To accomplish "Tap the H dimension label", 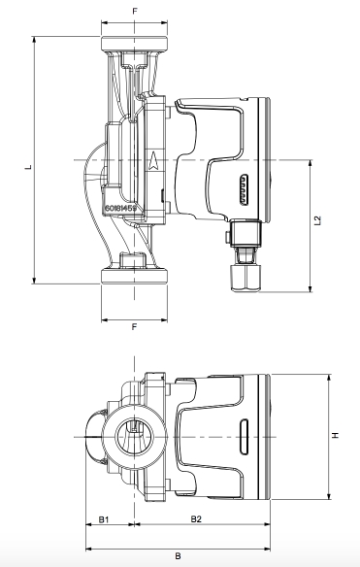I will click(336, 435).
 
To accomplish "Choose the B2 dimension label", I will click(196, 520).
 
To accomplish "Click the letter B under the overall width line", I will click(178, 556).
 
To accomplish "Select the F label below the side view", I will click(135, 326).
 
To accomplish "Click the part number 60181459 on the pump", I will click(121, 208).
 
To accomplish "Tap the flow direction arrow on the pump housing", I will click(156, 161).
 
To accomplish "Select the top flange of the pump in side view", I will click(135, 43).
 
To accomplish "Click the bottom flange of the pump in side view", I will click(135, 275).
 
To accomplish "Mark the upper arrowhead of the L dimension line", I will click(36, 40).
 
